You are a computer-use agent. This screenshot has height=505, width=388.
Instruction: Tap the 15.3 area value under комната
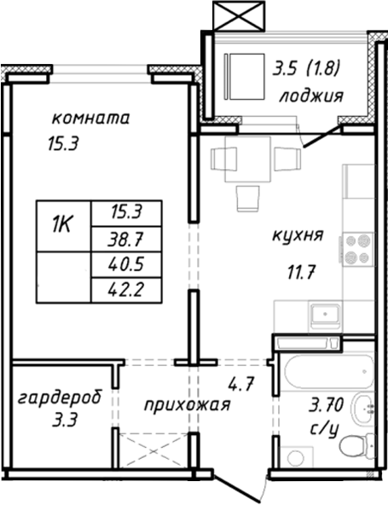tap(62, 144)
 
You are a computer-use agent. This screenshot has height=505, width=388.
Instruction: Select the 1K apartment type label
tap(61, 226)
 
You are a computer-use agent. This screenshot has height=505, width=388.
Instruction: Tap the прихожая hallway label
tap(187, 404)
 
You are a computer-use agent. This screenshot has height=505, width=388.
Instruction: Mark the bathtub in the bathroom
tap(327, 369)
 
